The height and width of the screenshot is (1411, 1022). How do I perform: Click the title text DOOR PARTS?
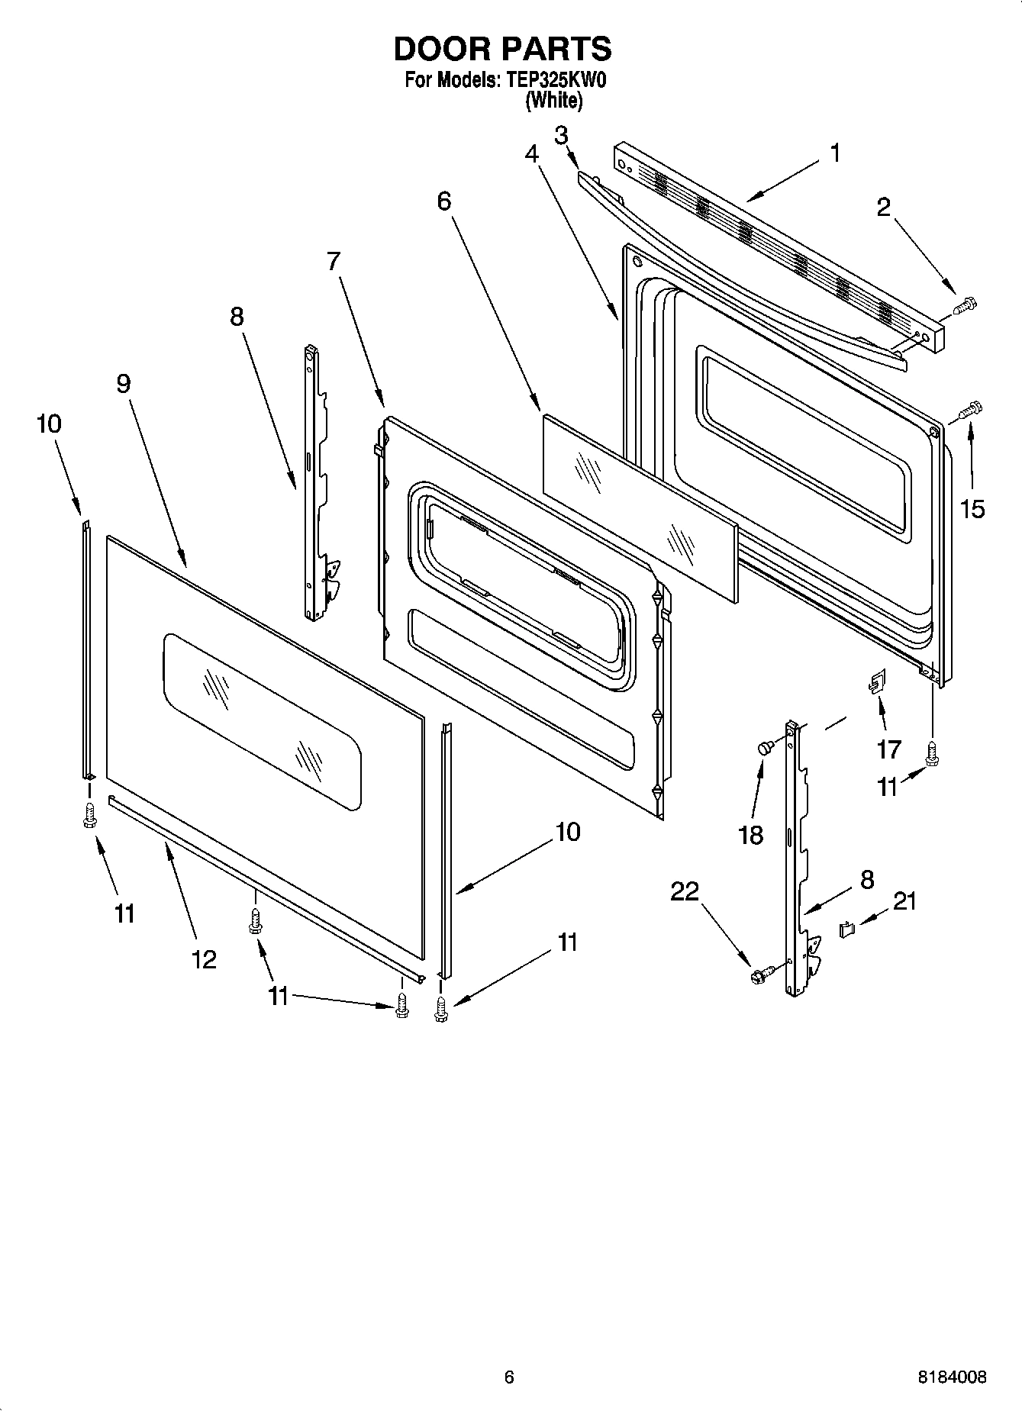point(502,49)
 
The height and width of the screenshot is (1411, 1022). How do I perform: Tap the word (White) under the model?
point(553,101)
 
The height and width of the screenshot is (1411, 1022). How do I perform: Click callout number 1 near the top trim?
point(835,153)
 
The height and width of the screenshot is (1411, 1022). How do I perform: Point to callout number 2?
point(884,208)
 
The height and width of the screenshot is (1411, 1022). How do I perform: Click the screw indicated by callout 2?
point(965,305)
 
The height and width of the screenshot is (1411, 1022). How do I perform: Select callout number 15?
point(972,508)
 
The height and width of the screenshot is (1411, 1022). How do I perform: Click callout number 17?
point(889,749)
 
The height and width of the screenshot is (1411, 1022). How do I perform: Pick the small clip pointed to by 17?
point(875,681)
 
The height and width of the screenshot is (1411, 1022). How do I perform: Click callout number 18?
point(751,835)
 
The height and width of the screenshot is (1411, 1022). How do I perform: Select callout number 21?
point(904,901)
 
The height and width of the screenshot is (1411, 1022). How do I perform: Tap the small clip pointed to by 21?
point(846,929)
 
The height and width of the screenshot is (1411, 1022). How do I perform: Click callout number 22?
point(684,891)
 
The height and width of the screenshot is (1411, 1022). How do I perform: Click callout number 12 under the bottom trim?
point(204,959)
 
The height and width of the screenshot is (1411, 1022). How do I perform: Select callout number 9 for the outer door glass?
point(124,384)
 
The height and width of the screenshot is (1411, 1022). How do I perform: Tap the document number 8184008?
point(952,1377)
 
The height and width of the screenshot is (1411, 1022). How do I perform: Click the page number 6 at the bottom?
point(509,1377)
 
